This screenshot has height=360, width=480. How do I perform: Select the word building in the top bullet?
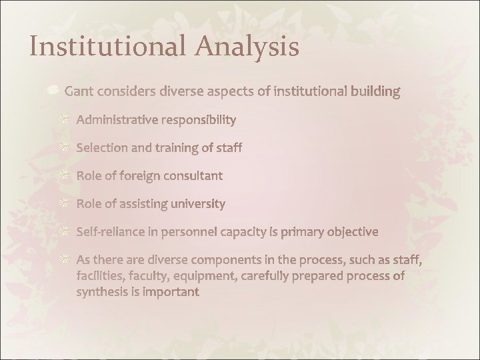click(x=375, y=91)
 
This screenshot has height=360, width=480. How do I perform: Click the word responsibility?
click(x=197, y=121)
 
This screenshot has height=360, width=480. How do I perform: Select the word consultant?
click(x=191, y=176)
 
